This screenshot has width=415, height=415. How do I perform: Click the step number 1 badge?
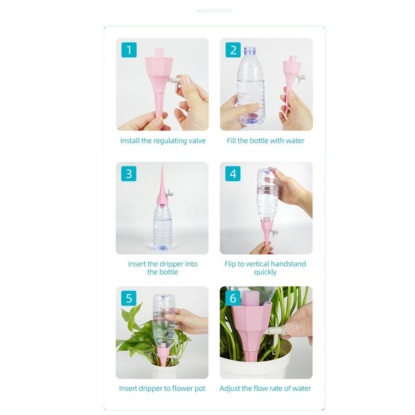pos(129,50)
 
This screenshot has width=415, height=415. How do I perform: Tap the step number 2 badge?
pos(233,50)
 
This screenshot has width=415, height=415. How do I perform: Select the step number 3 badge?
pos(129,173)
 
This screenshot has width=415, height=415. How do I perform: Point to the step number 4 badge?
pos(233,173)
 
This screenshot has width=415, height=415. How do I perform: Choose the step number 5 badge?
pos(129,298)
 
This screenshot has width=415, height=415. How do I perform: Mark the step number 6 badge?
pos(233,298)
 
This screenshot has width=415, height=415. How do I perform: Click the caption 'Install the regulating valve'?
pos(163,141)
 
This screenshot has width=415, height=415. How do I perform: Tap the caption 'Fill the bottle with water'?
pos(266,141)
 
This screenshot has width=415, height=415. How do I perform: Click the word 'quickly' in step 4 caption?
pos(265,272)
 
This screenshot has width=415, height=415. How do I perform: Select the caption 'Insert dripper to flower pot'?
pos(162,388)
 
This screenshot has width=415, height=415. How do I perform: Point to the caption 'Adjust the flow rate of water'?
pos(265,388)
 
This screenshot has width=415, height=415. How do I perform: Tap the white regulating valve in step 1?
pos(176,81)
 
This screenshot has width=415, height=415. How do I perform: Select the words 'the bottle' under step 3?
pos(163,272)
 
